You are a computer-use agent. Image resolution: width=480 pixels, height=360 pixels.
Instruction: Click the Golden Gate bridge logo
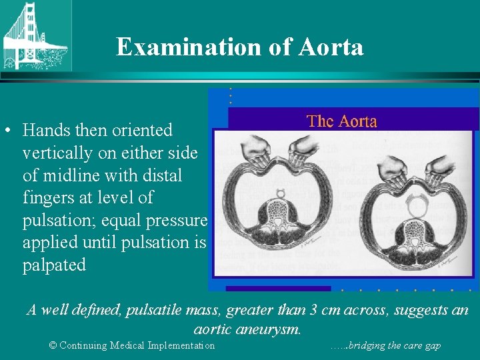click(35, 35)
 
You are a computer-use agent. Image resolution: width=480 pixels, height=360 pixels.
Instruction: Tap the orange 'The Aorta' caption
click(341, 121)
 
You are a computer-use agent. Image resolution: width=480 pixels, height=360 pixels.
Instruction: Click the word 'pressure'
click(177, 220)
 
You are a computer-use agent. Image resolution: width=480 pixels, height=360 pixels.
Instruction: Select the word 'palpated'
click(54, 265)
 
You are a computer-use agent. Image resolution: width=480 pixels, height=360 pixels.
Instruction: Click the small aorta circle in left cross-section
click(281, 193)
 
